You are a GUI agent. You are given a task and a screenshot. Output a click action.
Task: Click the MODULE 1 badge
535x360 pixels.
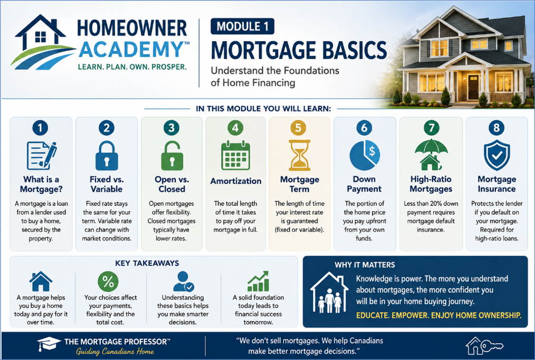(242, 26)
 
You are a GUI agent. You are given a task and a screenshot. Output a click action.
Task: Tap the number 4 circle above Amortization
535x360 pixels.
(235, 128)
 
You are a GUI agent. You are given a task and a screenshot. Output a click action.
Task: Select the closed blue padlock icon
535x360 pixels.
(107, 156)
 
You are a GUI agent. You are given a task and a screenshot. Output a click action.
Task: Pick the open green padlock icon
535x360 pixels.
(172, 156)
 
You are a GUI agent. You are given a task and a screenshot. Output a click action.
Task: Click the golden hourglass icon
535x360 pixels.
(300, 155)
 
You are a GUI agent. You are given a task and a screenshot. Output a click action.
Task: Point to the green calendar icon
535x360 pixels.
(235, 156)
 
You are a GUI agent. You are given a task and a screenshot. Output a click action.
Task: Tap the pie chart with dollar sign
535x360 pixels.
(365, 156)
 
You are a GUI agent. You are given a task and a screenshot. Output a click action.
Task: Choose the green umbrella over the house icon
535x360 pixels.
(431, 155)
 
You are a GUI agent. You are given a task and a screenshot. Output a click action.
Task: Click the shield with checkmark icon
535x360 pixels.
(497, 155)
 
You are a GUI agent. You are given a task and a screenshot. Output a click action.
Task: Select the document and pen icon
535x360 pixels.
(42, 156)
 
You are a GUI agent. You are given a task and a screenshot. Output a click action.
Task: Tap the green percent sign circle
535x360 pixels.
(108, 281)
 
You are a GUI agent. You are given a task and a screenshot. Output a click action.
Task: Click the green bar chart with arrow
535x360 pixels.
(259, 281)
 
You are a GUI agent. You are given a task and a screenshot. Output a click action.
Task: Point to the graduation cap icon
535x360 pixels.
(49, 344)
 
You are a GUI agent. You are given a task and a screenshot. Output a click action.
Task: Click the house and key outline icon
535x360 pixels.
(484, 346)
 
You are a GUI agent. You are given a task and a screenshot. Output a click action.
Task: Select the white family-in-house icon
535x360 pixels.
(329, 293)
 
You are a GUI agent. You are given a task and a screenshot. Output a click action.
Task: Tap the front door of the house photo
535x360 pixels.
(473, 87)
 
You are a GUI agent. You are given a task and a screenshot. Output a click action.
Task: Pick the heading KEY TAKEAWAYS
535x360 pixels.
(147, 263)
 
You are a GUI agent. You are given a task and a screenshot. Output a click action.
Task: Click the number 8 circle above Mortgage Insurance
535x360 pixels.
(496, 128)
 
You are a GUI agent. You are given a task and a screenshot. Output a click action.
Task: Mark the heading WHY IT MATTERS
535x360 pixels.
(365, 265)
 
